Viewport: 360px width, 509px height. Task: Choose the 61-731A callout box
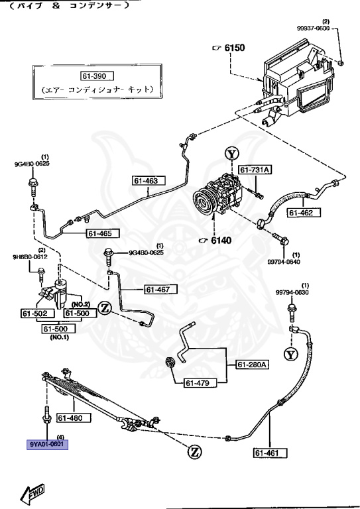(255, 170)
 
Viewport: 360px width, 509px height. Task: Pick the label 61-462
(304, 212)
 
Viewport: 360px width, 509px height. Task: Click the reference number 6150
(234, 48)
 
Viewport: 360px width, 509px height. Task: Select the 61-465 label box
(103, 233)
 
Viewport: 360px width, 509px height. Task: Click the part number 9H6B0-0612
(30, 256)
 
